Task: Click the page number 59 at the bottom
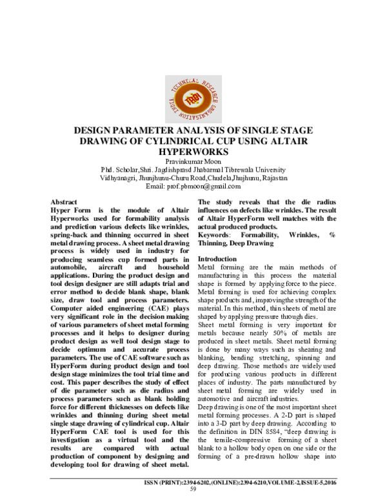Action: tap(192, 489)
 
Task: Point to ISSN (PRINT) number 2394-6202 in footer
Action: tap(205, 482)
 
